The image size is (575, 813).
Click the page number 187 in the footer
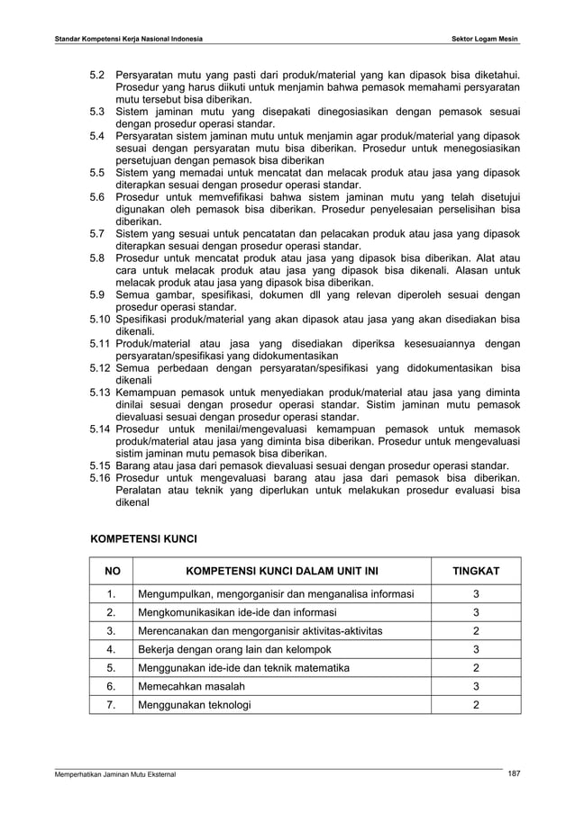point(514,774)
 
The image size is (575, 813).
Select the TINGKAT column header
point(476,572)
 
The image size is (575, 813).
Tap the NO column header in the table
point(112,572)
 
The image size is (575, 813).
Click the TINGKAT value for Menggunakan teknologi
point(476,704)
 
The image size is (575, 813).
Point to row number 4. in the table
point(112,648)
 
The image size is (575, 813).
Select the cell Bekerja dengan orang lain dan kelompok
point(235,648)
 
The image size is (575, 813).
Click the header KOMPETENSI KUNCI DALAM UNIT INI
point(282,572)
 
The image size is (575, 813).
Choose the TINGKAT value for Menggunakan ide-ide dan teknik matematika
point(476,667)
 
